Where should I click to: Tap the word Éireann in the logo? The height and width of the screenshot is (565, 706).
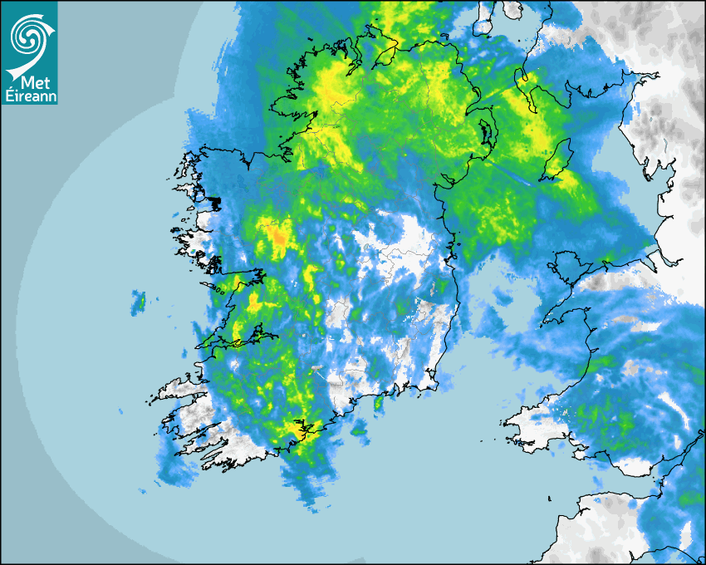(x=31, y=96)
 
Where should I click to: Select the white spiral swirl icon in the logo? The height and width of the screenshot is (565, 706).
(x=28, y=37)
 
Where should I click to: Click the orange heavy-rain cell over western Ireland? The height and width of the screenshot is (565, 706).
(x=279, y=239)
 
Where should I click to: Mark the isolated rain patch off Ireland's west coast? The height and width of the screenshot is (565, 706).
(x=138, y=302)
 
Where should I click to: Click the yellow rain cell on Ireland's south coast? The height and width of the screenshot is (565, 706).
(x=296, y=430)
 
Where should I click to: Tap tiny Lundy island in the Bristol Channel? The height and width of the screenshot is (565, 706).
(x=550, y=498)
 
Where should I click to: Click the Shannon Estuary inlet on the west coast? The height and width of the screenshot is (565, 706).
(x=237, y=341)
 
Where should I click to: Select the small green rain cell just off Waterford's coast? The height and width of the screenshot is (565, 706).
(x=379, y=404)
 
